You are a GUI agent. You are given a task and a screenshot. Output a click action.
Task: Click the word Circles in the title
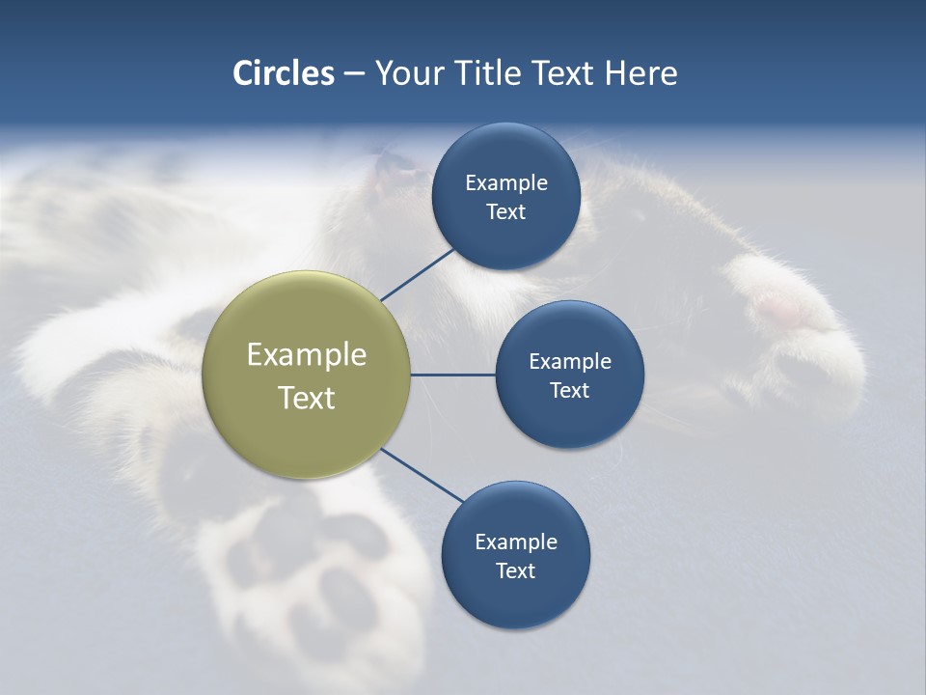[283, 73]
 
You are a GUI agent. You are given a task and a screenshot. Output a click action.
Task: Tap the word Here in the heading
[640, 73]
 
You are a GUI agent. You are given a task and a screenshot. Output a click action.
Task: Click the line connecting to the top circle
[417, 274]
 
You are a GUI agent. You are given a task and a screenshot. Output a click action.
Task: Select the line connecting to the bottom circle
[422, 476]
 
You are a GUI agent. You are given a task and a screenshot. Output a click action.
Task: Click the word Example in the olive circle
[307, 354]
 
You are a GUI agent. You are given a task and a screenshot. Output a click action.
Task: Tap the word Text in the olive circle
[307, 398]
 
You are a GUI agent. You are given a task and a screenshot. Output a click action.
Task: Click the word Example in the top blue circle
[505, 182]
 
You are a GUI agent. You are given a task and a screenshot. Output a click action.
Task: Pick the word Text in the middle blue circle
[569, 390]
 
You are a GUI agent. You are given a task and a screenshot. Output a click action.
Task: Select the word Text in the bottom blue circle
[515, 570]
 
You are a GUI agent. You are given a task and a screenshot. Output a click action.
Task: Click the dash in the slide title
[354, 74]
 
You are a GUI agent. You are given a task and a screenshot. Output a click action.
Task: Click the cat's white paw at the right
[791, 319]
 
